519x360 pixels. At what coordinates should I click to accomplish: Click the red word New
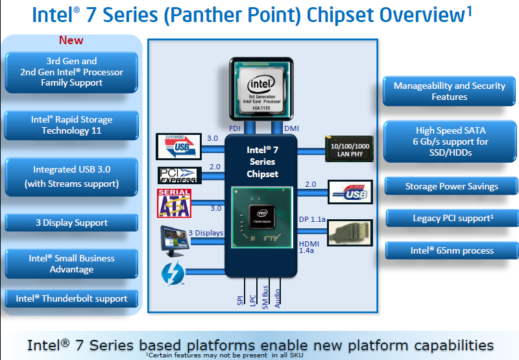tap(71, 40)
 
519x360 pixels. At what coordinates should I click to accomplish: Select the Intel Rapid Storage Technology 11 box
tap(71, 125)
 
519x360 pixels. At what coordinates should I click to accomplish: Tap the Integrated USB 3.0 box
tap(71, 176)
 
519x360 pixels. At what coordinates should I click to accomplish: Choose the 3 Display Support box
tap(71, 222)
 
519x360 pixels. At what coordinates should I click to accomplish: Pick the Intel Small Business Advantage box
tap(71, 263)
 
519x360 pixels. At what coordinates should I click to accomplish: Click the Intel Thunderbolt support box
tap(71, 299)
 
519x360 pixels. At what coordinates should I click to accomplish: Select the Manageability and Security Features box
tap(449, 91)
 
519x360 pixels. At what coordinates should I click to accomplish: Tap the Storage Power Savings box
tap(452, 186)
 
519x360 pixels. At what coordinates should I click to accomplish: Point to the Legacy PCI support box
tap(452, 219)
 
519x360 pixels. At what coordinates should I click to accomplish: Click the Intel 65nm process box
tap(452, 250)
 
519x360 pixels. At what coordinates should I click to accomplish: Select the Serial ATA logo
tap(174, 203)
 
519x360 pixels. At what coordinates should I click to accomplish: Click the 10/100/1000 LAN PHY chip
tap(349, 149)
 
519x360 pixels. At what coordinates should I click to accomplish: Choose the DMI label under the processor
tap(291, 128)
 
